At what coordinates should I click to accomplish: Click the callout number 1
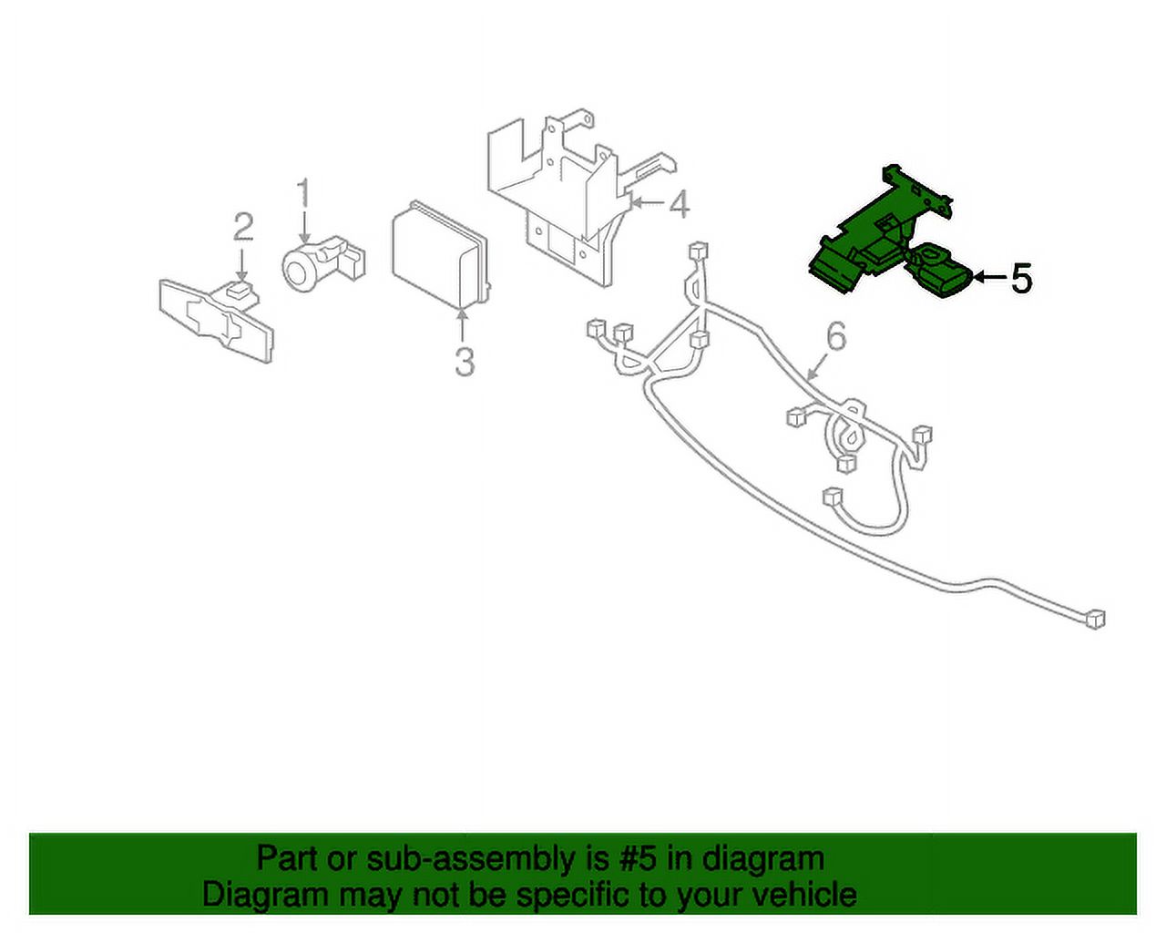[x=304, y=193]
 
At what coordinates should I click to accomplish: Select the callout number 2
[x=243, y=227]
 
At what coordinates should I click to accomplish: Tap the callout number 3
[x=465, y=362]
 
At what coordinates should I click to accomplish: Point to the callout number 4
[x=679, y=204]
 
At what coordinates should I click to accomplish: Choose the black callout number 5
[x=1022, y=278]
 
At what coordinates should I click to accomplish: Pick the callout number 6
[x=836, y=336]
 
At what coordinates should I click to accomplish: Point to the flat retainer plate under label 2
[x=217, y=322]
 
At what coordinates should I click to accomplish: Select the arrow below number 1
[x=304, y=228]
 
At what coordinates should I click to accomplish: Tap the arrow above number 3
[x=462, y=326]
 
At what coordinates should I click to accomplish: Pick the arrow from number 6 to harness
[x=818, y=367]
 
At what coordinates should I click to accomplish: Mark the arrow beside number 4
[x=647, y=204]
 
